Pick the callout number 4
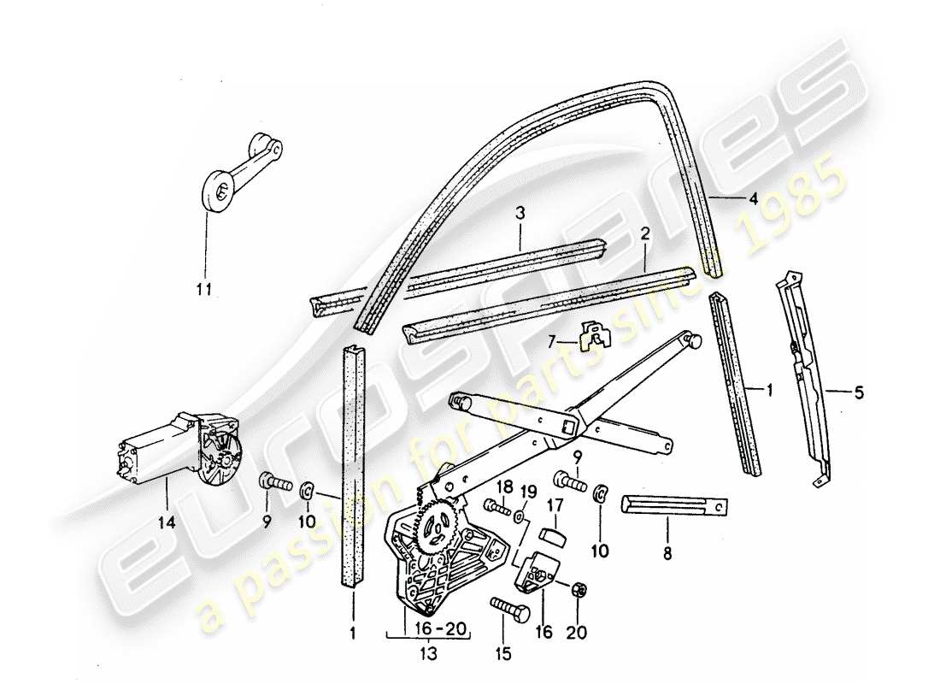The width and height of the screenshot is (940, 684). pos(753,200)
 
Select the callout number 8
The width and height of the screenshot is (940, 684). pos(667,554)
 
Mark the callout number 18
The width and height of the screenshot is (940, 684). pos(504,487)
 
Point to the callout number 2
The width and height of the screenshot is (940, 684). pos(646,233)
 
